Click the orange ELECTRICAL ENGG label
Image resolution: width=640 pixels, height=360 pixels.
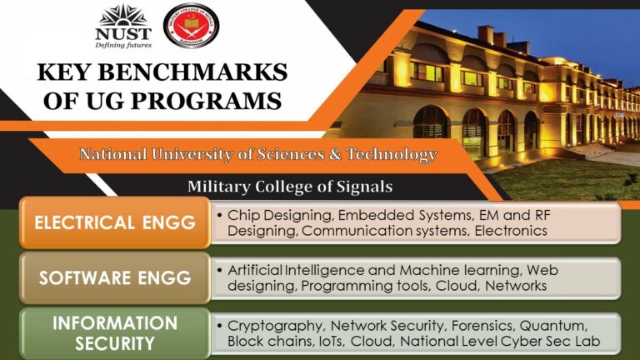(x=115, y=222)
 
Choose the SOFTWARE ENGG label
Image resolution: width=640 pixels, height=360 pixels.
(x=115, y=277)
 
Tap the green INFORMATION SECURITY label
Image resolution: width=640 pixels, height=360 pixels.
(x=115, y=332)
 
